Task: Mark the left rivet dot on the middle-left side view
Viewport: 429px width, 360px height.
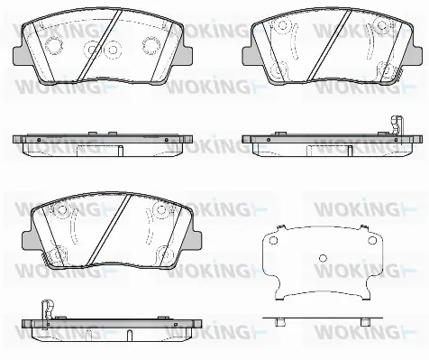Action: pyautogui.click(x=38, y=141)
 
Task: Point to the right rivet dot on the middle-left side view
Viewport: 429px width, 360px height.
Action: pyautogui.click(x=167, y=141)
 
